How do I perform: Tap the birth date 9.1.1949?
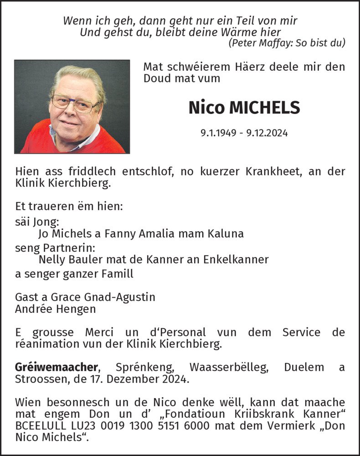(218, 133)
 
